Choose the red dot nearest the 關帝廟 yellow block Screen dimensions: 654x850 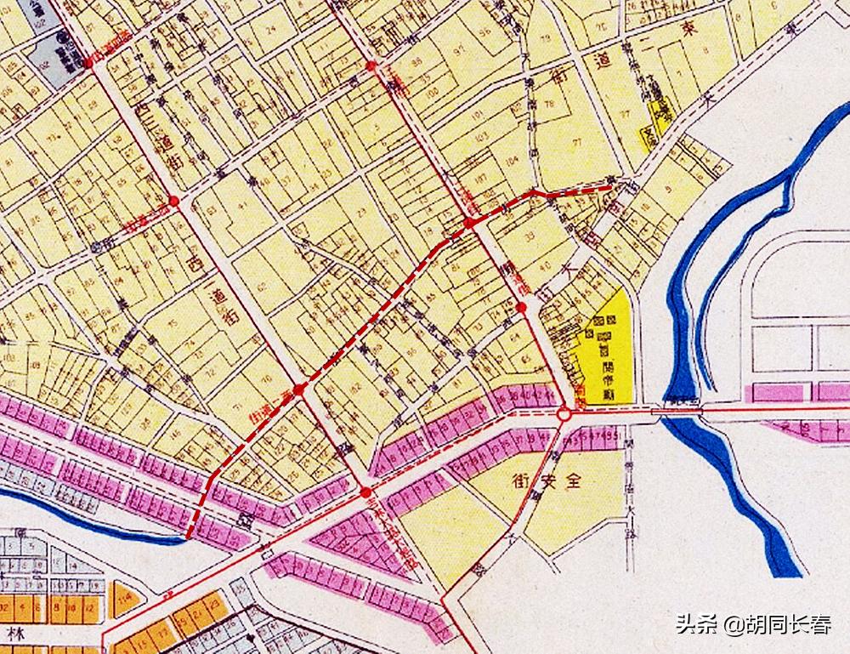[x=521, y=307]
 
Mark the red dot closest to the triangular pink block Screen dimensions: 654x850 [x=365, y=492]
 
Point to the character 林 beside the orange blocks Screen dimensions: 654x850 [x=14, y=634]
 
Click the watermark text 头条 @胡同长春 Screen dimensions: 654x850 [x=753, y=626]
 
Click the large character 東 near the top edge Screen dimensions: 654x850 [x=694, y=29]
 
